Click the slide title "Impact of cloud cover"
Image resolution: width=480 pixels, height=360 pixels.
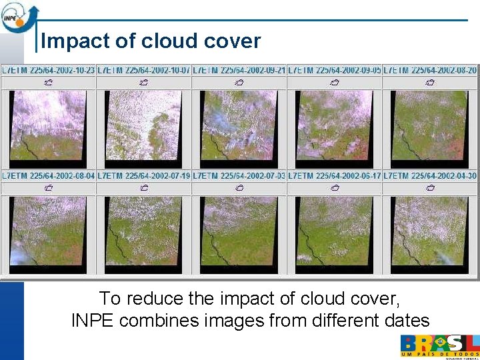151,41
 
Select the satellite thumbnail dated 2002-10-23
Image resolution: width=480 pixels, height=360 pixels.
48,125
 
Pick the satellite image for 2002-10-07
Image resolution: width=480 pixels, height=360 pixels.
143,125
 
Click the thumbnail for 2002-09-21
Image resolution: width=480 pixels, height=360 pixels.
239,125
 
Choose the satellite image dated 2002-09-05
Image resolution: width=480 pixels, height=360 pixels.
334,125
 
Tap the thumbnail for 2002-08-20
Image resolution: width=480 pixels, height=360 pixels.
430,125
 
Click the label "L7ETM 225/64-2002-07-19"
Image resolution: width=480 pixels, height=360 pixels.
144,175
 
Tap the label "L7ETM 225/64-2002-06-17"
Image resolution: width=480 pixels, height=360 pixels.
335,175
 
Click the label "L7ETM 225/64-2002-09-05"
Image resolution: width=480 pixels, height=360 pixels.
335,69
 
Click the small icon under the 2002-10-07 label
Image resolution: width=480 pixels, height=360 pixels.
143,83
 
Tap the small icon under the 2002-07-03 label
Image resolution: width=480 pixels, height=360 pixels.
239,188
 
